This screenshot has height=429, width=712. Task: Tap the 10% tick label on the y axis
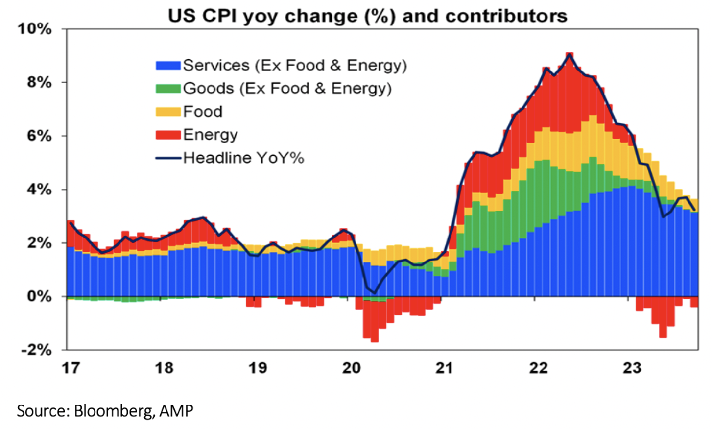[x=35, y=29]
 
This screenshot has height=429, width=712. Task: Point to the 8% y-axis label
[x=39, y=82]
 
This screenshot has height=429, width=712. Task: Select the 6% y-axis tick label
[x=39, y=136]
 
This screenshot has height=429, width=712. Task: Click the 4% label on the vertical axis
[x=39, y=189]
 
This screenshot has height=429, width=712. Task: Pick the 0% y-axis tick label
[x=39, y=296]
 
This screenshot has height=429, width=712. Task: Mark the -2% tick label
[x=36, y=350]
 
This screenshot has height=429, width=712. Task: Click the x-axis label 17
[x=71, y=368]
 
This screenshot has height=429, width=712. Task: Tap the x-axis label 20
[x=351, y=368]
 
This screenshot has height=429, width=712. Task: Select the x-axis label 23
[x=632, y=368]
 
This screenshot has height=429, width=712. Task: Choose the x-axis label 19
[x=258, y=368]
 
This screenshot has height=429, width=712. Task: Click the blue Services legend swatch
[x=168, y=66]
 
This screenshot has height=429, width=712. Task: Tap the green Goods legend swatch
[x=168, y=89]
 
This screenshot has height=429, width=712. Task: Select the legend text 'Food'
[x=203, y=112]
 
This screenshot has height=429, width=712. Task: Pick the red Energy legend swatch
[x=168, y=135]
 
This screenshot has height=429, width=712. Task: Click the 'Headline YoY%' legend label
[x=243, y=158]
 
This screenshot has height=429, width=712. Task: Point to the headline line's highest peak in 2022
[x=569, y=55]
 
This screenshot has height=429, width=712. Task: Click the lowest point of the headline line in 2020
[x=375, y=293]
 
